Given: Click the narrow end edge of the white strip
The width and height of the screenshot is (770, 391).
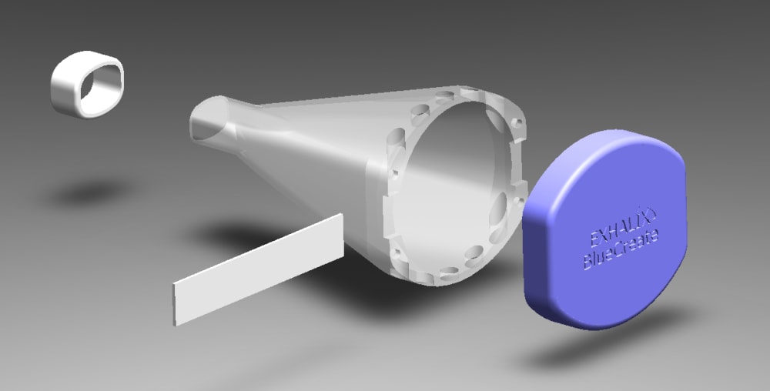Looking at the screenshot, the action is click(174, 305).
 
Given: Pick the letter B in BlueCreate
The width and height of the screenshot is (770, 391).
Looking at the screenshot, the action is click(588, 260).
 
